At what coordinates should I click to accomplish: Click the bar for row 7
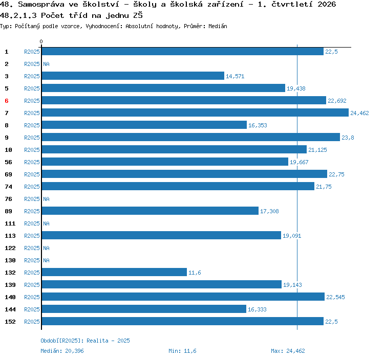click(x=195, y=112)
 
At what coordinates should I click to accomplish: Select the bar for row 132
click(x=114, y=272)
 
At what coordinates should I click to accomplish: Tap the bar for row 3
click(x=133, y=76)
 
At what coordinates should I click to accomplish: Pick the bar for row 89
click(x=150, y=211)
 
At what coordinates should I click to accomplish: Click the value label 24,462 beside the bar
click(x=359, y=113)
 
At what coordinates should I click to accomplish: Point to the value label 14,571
click(x=235, y=76)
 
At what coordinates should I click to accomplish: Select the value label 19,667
click(x=299, y=162)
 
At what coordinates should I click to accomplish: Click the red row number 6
click(x=7, y=101)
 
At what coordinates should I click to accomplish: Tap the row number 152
click(x=10, y=322)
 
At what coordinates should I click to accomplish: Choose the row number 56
click(x=8, y=162)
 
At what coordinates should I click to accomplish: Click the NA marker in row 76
click(x=46, y=199)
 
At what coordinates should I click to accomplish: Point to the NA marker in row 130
click(x=46, y=260)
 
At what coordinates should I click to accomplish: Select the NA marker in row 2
click(x=46, y=64)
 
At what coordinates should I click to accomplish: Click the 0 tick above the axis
click(x=41, y=41)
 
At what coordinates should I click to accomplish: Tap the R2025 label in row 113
click(x=32, y=236)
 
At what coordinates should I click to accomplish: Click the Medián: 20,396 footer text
click(x=62, y=351)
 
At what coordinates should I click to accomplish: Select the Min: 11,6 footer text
click(x=182, y=351)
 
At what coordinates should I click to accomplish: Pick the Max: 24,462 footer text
click(x=288, y=351)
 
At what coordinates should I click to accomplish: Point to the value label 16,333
click(x=257, y=309)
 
